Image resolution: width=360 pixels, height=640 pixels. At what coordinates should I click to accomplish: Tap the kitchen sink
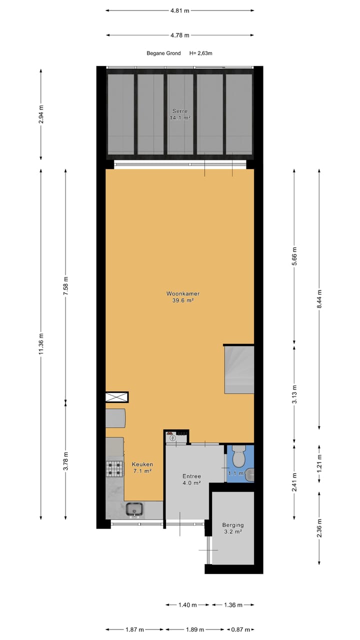click(x=135, y=509)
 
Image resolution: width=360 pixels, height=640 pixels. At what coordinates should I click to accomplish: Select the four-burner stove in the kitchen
click(x=114, y=468)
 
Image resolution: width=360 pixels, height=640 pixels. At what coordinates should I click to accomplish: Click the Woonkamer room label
click(x=180, y=293)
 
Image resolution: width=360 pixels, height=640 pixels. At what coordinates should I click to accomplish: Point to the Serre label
click(x=180, y=111)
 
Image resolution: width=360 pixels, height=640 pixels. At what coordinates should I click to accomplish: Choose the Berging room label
click(x=233, y=525)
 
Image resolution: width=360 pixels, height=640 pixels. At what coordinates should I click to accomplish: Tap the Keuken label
click(x=142, y=464)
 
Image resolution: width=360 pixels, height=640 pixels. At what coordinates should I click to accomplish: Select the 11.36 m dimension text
click(x=41, y=344)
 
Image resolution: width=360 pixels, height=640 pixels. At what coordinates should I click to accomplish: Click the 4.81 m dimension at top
click(x=180, y=10)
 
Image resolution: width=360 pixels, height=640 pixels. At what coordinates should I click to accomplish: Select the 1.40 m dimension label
click(x=187, y=605)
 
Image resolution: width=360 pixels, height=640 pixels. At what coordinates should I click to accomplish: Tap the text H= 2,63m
click(x=201, y=53)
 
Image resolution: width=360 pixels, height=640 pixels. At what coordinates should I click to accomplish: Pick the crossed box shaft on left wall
click(x=116, y=397)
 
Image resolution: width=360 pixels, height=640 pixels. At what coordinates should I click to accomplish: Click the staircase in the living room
click(x=239, y=369)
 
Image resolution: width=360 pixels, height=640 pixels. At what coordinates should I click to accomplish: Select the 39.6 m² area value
click(x=180, y=300)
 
